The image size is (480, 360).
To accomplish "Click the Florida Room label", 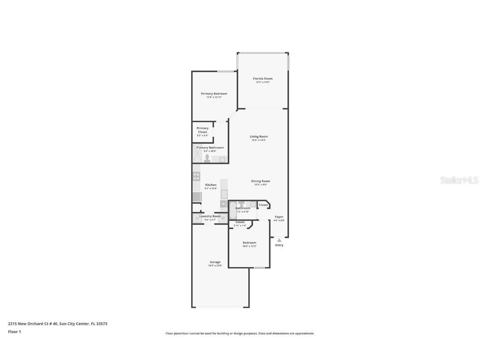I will [x=262, y=78].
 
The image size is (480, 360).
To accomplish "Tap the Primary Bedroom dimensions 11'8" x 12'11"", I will [x=214, y=97].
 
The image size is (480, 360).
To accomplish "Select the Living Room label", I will [x=259, y=136].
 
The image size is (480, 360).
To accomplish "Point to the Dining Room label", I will [x=260, y=181].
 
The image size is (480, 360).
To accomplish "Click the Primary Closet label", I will [x=202, y=130].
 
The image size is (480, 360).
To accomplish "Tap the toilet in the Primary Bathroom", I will [x=207, y=157].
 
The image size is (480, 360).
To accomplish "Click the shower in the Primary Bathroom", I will [x=197, y=153].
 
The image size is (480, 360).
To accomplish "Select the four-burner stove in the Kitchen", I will [x=196, y=176].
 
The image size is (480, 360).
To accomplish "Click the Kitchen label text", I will [x=211, y=185].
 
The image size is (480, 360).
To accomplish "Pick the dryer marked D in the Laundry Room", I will [x=197, y=218].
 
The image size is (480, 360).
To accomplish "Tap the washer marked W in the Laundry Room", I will [x=223, y=218].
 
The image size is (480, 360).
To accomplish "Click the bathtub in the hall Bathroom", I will [x=233, y=210].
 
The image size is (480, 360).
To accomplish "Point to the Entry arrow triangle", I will [x=279, y=240].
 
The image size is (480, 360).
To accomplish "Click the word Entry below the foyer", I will [x=279, y=245].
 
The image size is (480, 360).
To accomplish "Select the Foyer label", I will [x=279, y=217].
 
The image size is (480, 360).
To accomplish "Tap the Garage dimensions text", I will [x=215, y=266].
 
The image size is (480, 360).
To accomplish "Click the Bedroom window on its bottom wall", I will [x=259, y=267].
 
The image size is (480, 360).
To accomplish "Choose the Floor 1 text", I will [x=14, y=332].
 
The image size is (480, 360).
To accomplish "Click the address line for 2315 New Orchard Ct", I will [x=57, y=323].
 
